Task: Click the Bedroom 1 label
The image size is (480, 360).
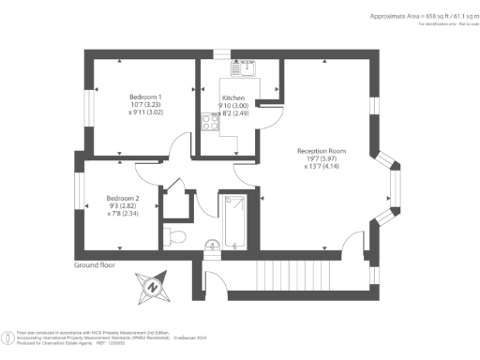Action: [x=146, y=97]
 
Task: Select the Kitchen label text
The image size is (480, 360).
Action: [x=233, y=97]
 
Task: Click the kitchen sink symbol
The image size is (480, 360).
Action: [x=247, y=67]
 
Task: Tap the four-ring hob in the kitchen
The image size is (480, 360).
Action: [x=208, y=123]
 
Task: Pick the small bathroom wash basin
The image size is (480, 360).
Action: [x=213, y=247]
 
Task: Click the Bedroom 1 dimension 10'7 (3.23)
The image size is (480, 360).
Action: [x=146, y=105]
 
